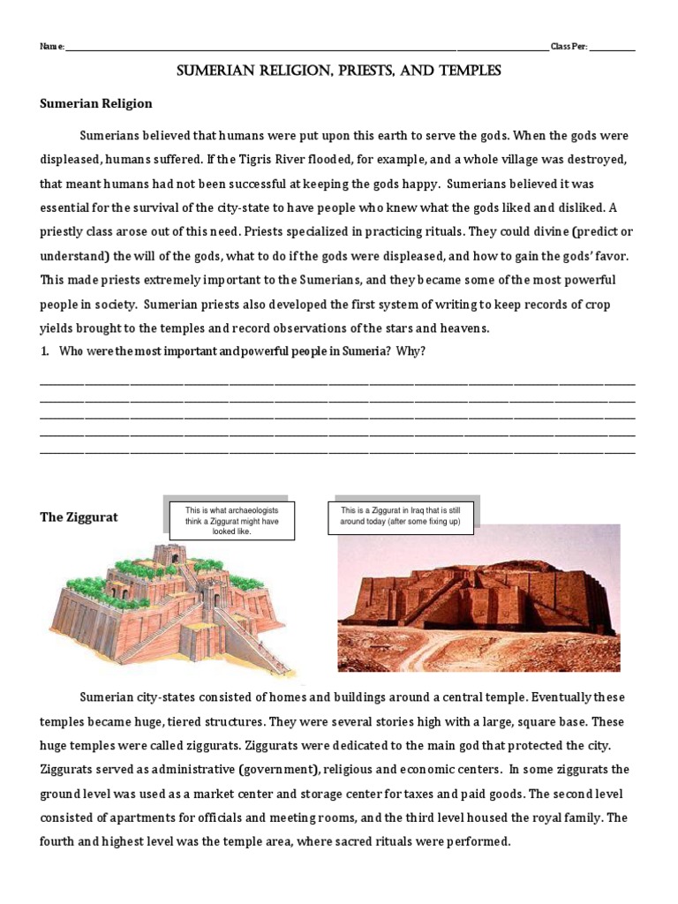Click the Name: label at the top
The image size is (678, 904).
tap(52, 47)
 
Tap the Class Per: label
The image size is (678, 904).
tap(569, 47)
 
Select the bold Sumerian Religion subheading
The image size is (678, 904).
tap(96, 103)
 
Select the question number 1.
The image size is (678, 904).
tap(44, 351)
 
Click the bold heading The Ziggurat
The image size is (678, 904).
tap(79, 517)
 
